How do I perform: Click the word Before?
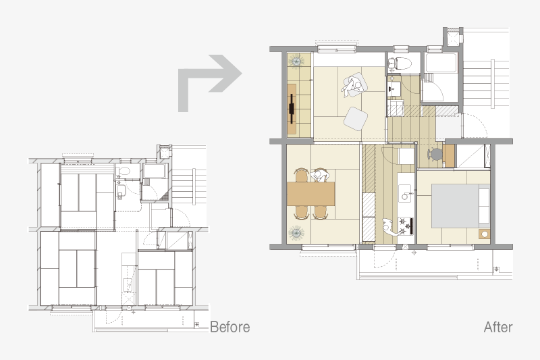click(x=230, y=327)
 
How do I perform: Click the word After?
click(x=498, y=327)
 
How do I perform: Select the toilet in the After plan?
click(x=400, y=63)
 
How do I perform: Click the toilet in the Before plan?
click(x=124, y=171)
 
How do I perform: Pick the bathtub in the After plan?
click(x=441, y=63)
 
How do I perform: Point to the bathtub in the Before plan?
click(x=154, y=171)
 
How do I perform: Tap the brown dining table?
click(x=311, y=194)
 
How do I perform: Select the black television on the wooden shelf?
click(x=292, y=109)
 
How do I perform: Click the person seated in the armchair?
click(x=352, y=85)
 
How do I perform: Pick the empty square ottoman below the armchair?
click(x=356, y=118)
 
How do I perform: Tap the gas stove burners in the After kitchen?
click(x=405, y=226)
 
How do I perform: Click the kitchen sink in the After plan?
click(x=406, y=194)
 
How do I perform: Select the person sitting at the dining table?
click(x=320, y=175)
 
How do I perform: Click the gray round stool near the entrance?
click(x=436, y=154)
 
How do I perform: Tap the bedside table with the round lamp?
click(x=484, y=234)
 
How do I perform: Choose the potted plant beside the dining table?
click(x=296, y=232)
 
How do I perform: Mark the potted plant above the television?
click(x=296, y=61)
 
